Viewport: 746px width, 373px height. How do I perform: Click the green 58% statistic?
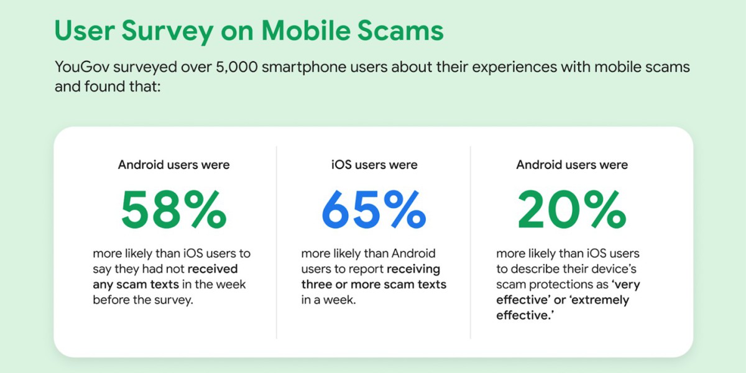click(x=174, y=210)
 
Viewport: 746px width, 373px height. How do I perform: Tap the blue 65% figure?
click(x=374, y=210)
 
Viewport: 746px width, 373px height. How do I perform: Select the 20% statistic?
click(x=572, y=210)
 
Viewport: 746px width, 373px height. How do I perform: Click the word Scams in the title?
click(x=400, y=30)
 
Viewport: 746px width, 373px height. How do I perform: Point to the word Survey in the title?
click(x=167, y=31)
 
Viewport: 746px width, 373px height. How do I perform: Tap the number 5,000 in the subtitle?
click(x=237, y=67)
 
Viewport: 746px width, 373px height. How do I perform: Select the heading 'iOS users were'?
click(x=374, y=165)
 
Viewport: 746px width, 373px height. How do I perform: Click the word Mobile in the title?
click(x=306, y=30)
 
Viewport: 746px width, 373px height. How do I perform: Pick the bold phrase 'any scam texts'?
click(x=136, y=285)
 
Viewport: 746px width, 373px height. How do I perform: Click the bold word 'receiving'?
click(x=413, y=269)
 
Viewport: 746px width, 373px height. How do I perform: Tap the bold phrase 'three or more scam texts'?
click(x=374, y=285)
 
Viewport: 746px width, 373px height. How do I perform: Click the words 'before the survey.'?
click(x=143, y=300)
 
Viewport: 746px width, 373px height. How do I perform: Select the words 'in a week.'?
click(x=329, y=300)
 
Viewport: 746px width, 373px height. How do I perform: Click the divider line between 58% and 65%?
click(x=277, y=242)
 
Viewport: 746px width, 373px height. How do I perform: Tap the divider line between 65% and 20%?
click(x=470, y=242)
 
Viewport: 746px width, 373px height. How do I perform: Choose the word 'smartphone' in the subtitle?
click(x=325, y=67)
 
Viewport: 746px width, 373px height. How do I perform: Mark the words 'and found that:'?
click(x=108, y=86)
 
